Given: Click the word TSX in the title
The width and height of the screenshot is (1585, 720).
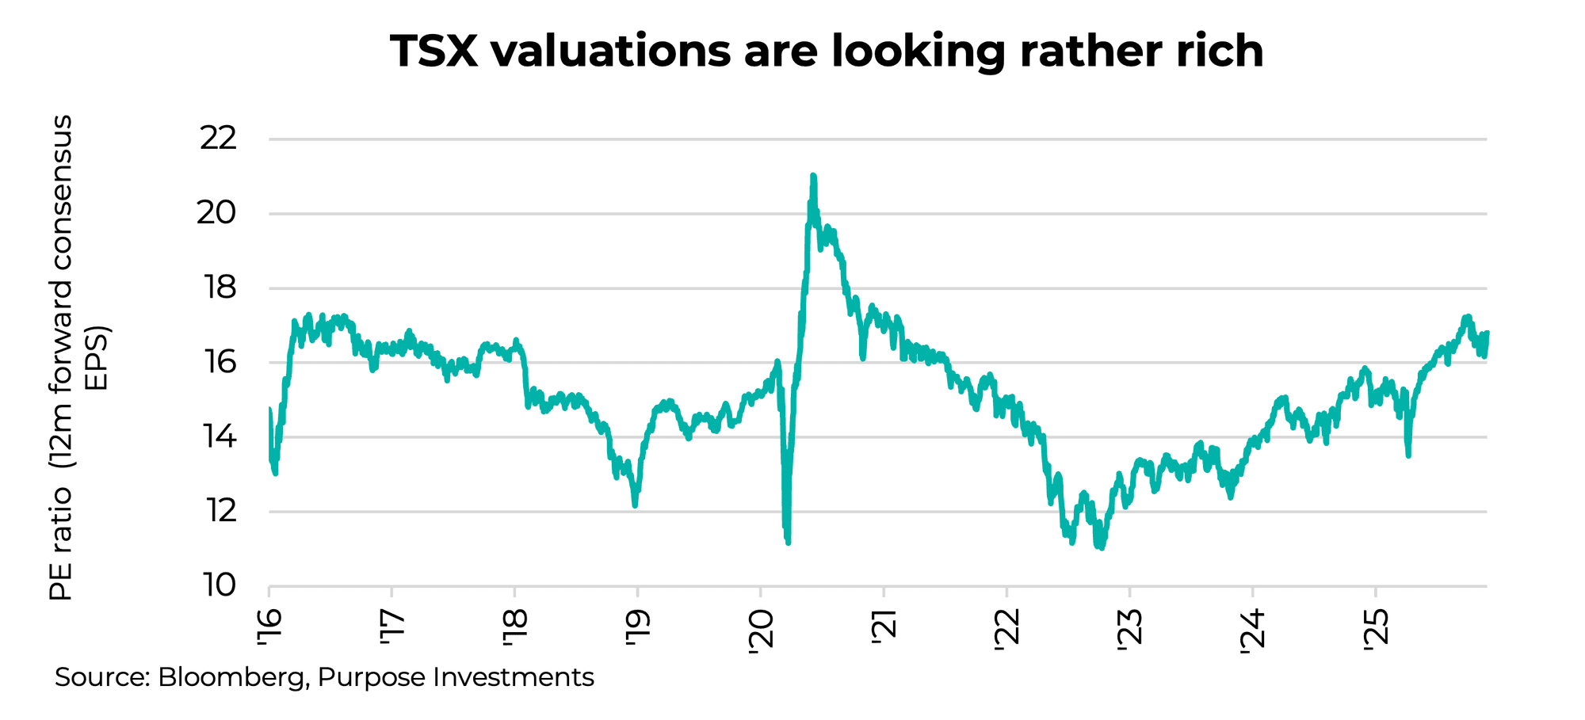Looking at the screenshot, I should point(434,51).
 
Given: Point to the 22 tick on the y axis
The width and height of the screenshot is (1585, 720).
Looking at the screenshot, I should point(218,139).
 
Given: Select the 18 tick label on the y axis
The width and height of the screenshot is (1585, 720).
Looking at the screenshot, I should point(220,288).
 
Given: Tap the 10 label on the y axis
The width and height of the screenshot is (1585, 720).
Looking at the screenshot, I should point(220,585).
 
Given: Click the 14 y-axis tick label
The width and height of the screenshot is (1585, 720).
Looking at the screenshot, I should point(220,436).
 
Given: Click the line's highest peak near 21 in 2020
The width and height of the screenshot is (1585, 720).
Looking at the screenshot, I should point(813,176).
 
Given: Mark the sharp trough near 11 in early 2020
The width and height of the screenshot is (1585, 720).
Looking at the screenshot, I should point(788,542).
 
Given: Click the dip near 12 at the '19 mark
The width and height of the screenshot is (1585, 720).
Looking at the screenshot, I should point(636,505).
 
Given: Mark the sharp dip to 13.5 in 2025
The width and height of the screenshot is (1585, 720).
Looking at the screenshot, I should point(1408,455).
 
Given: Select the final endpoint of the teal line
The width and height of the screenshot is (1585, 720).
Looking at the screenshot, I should point(1487,333).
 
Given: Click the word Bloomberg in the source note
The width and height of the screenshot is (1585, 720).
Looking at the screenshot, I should point(231,678).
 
